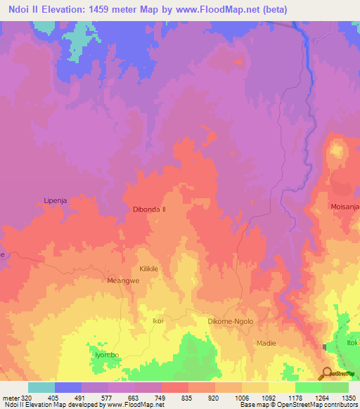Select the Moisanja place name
click(345, 207)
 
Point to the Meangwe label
click(119, 280)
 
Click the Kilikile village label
click(151, 269)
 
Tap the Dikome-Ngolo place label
click(230, 321)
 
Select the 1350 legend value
click(349, 398)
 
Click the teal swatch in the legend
click(41, 387)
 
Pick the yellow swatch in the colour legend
click(282, 387)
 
